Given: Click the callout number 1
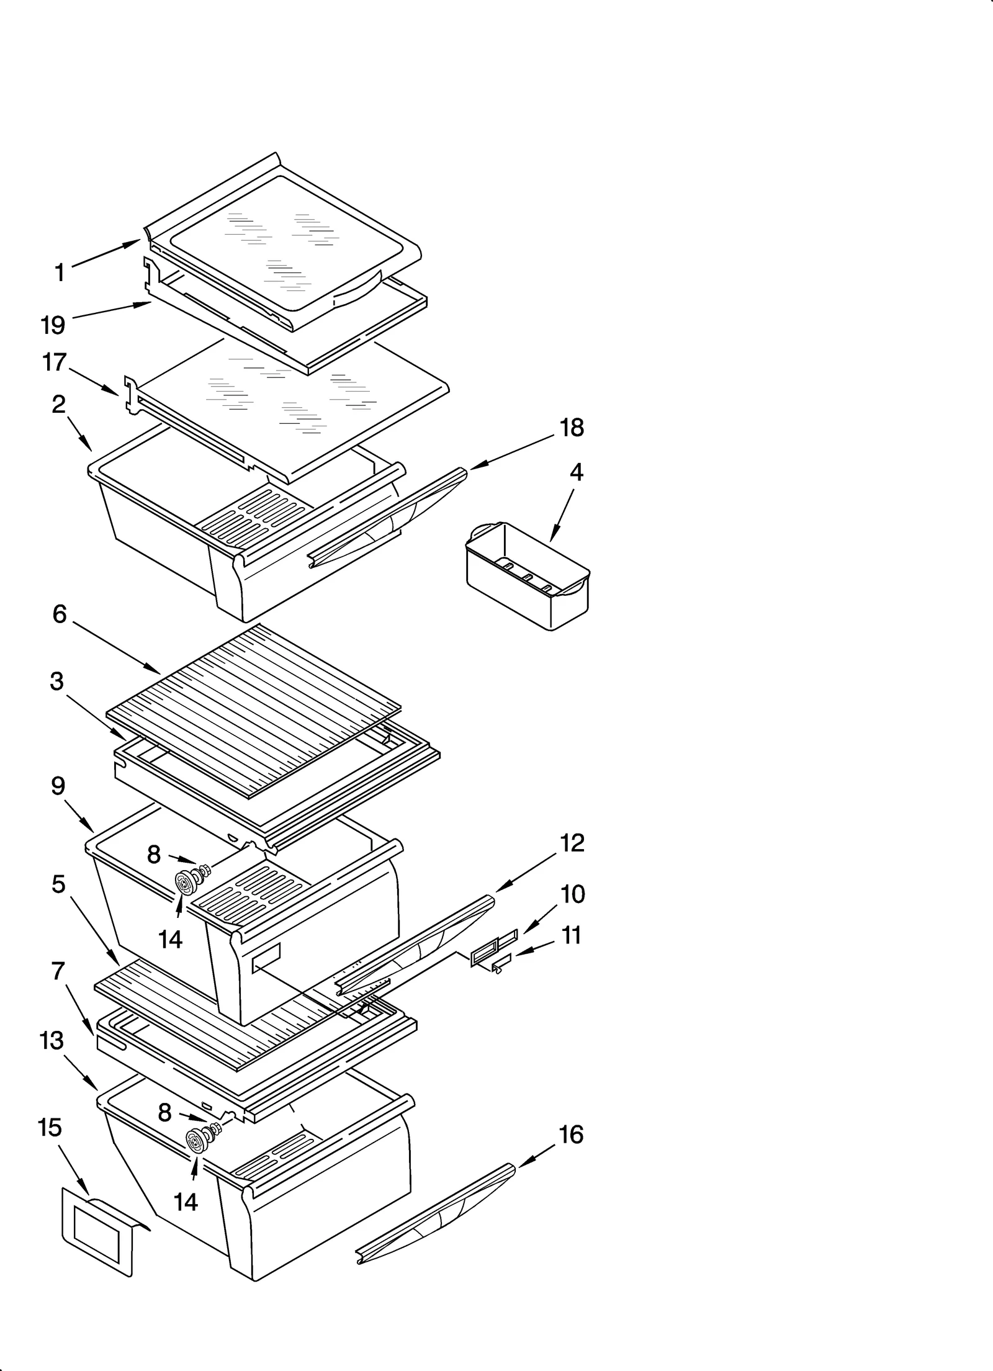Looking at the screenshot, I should point(60,272).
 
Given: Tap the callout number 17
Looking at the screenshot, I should point(54,362).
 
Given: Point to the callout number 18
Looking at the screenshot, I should point(572,428).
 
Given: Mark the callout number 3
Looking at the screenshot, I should point(56,681).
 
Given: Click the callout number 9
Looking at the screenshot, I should point(58,786).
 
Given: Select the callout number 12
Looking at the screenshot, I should point(572,842).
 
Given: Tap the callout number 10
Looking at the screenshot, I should point(573,894).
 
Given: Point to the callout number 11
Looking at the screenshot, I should point(571,935).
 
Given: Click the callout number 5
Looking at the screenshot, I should point(58,884).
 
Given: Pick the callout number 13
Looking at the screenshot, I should point(52,1041).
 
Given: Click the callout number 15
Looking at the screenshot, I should point(50,1128).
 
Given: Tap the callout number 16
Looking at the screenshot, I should point(571,1135).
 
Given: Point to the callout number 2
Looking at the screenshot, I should point(58,405).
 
